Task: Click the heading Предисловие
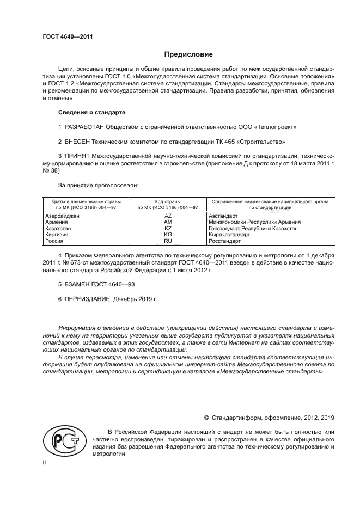click(x=189, y=54)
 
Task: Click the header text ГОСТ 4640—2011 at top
click(x=68, y=36)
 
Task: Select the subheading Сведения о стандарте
click(x=91, y=112)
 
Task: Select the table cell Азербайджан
click(x=62, y=216)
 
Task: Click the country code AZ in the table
click(x=168, y=216)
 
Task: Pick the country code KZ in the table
click(x=168, y=229)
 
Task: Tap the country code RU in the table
click(x=168, y=241)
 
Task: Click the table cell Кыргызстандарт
click(x=229, y=235)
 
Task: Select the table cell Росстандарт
click(x=224, y=241)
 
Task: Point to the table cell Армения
click(x=56, y=223)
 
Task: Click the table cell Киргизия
click(x=58, y=235)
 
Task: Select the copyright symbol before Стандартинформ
click(x=206, y=418)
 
